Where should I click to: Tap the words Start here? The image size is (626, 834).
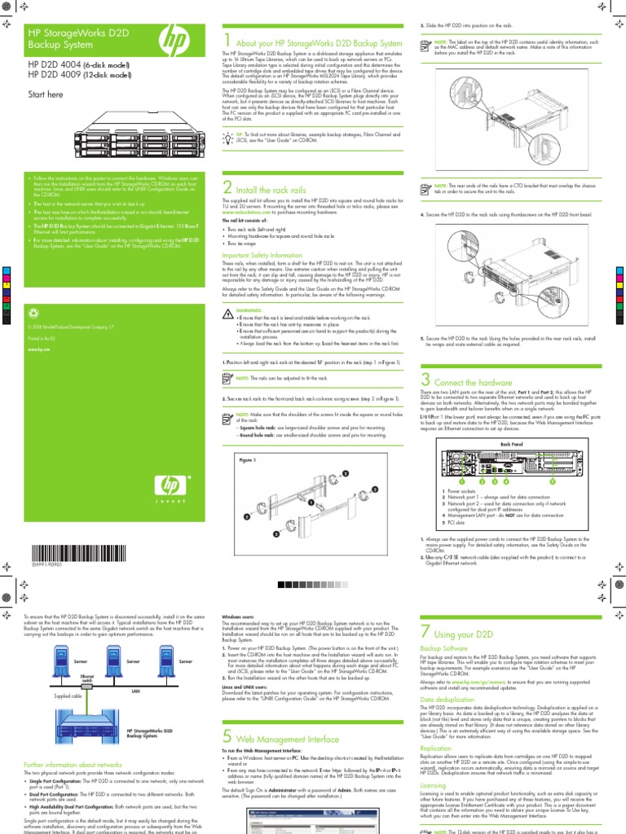46,94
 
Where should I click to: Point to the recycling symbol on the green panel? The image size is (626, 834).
33,311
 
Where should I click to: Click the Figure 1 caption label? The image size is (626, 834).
248,459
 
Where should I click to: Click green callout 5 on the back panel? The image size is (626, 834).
552,481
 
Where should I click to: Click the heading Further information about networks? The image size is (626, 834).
73,765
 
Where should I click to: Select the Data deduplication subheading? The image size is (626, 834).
448,700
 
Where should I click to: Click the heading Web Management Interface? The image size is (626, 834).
286,739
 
